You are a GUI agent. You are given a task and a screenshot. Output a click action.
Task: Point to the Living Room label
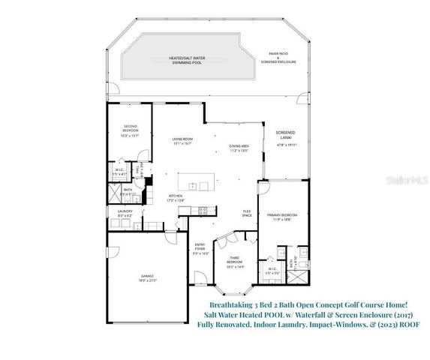click(182, 141)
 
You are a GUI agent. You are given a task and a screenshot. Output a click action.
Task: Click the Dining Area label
click(239, 148)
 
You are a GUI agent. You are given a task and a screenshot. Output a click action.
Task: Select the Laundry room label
click(125, 214)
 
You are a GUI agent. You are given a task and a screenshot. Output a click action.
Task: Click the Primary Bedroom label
click(283, 217)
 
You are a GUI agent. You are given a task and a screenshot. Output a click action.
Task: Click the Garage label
click(147, 279)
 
